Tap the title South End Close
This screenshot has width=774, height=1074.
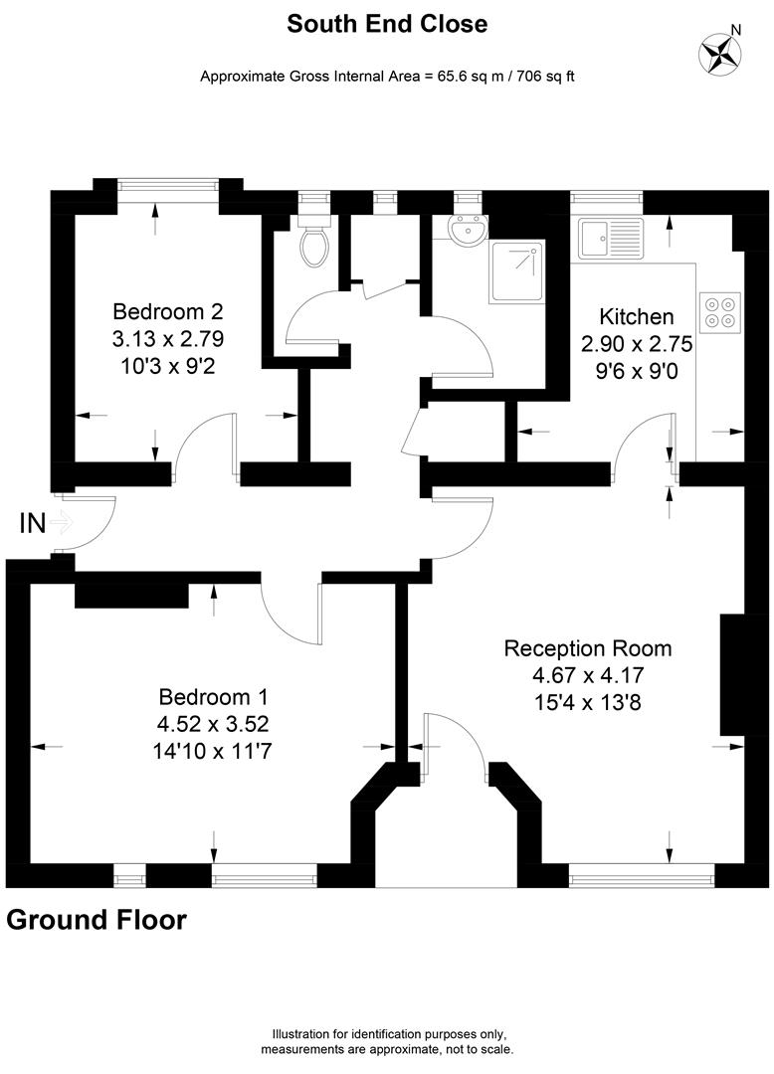[x=387, y=24]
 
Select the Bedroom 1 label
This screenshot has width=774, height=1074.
[x=214, y=697]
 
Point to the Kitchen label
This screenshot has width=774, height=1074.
[x=637, y=317]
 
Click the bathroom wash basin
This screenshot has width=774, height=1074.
[x=467, y=230]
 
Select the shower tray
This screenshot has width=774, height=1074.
[x=516, y=271]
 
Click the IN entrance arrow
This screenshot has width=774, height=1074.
[x=61, y=521]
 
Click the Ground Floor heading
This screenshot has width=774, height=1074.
[x=97, y=920]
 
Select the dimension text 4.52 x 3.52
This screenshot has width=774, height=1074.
[x=214, y=724]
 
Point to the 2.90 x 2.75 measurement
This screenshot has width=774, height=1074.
[x=637, y=345]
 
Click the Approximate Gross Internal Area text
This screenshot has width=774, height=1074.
[x=387, y=76]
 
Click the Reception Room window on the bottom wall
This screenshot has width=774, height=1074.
[x=642, y=876]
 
